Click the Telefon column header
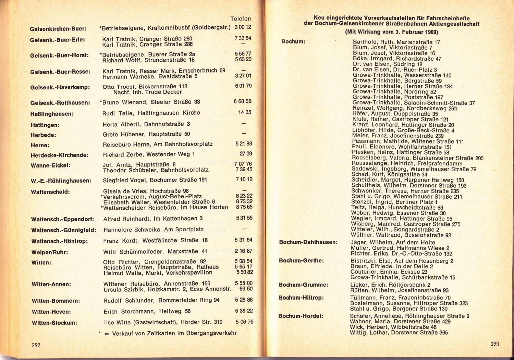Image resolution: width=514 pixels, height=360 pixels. (x=240, y=19)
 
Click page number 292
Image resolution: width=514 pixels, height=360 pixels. (x=36, y=345)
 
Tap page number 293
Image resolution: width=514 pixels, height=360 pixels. (x=494, y=344)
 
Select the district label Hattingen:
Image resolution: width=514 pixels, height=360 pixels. (x=45, y=125)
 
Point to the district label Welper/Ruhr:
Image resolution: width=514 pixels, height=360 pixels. (x=49, y=252)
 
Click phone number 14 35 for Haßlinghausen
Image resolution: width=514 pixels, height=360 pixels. (x=245, y=112)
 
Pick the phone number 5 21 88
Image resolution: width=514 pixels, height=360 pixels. (x=244, y=144)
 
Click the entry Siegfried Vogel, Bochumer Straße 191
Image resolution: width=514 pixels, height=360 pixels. (x=155, y=180)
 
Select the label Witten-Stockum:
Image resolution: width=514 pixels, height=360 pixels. (x=54, y=323)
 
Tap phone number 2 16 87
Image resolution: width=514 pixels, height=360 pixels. (x=244, y=251)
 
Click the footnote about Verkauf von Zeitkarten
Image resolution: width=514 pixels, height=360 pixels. (x=168, y=333)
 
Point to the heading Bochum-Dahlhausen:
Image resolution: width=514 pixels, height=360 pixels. (x=308, y=242)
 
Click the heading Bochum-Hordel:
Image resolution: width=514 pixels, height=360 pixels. (x=301, y=316)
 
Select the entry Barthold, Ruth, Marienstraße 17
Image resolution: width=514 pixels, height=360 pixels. (x=396, y=42)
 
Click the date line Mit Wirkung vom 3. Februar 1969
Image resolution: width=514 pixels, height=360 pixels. (x=391, y=32)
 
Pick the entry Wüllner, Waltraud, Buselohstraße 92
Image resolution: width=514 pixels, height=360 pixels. (x=401, y=235)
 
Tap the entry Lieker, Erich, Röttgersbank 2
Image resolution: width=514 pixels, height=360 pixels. (x=390, y=285)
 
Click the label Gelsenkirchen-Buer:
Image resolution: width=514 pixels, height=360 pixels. (x=58, y=29)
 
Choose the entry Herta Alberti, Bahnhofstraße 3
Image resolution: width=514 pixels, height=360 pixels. (x=146, y=124)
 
